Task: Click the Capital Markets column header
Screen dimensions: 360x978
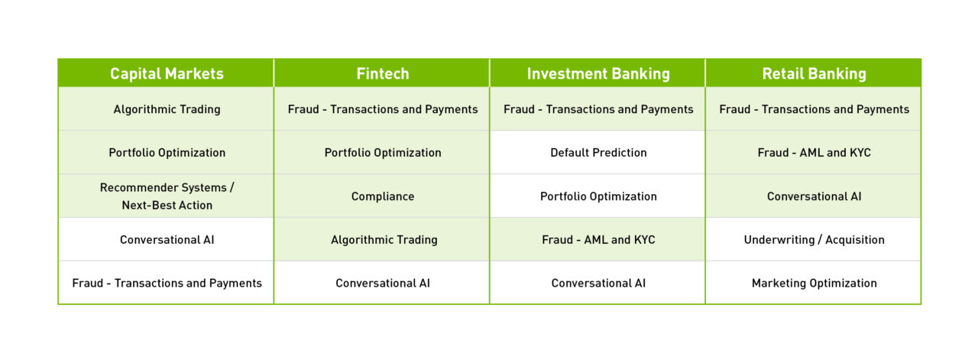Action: tap(167, 73)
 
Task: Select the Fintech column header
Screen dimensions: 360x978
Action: tap(383, 73)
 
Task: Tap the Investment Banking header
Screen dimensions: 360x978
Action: tap(598, 73)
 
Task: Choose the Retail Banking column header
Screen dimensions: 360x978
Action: tap(814, 73)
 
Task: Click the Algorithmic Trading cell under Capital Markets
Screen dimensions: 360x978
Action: tap(167, 109)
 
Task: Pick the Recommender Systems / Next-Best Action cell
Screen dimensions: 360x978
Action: tap(167, 196)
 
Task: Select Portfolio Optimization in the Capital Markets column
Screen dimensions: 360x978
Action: tap(167, 153)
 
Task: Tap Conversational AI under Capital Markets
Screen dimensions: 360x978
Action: tap(167, 240)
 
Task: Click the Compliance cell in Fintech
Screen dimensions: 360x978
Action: tap(383, 196)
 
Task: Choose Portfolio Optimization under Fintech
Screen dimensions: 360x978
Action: tap(383, 153)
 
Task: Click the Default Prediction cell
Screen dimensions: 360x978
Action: tap(598, 153)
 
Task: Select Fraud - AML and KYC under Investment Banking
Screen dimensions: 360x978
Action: tap(598, 240)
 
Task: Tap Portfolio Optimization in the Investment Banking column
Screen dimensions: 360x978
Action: tap(598, 196)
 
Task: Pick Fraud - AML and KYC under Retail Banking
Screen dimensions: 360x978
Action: tap(814, 153)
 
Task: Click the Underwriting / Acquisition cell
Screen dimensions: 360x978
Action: tap(814, 240)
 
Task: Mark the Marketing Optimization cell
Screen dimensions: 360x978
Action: tap(814, 284)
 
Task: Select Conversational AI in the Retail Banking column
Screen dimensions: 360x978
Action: tap(814, 196)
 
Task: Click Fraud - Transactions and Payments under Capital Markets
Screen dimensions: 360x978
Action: tap(167, 284)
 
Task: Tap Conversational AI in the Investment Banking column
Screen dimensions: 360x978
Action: tap(598, 284)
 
